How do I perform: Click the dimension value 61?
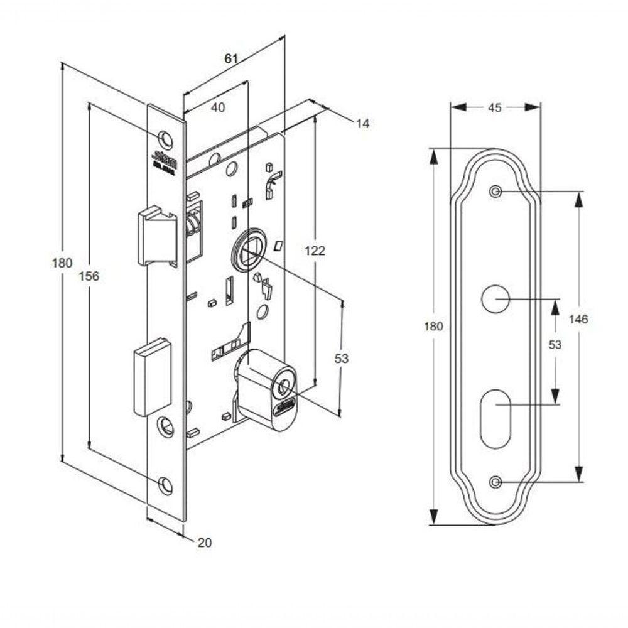point(230,58)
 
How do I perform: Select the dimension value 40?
point(217,107)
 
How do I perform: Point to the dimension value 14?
point(362,124)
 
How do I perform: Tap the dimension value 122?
point(314,251)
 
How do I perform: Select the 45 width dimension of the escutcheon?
point(494,107)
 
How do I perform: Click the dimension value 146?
point(578,320)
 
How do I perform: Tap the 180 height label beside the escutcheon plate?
point(433,326)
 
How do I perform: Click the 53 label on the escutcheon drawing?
point(555,344)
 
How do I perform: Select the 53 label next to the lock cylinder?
point(341,359)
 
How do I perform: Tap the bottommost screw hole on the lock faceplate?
point(165,484)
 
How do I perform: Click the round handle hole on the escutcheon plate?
point(495,298)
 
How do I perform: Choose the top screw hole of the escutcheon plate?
point(495,192)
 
